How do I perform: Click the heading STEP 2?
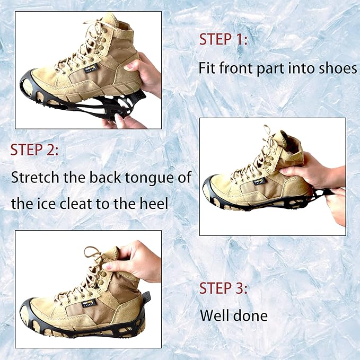[35, 150]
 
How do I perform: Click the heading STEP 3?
[224, 288]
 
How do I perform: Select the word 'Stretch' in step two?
[37, 177]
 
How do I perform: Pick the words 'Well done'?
[233, 317]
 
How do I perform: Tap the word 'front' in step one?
[232, 68]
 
